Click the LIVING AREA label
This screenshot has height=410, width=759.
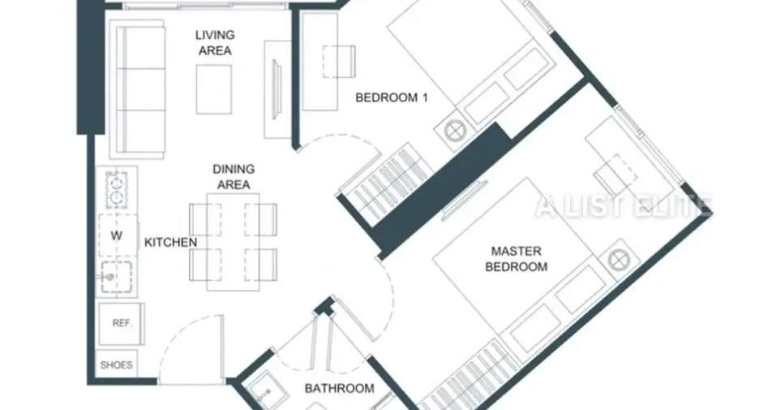(x=215, y=43)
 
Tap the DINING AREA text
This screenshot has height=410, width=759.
(x=234, y=177)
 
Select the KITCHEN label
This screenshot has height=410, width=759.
(x=171, y=242)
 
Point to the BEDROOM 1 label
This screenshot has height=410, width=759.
(x=392, y=97)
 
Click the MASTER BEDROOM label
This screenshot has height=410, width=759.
(x=516, y=259)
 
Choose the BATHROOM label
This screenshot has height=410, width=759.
(x=339, y=388)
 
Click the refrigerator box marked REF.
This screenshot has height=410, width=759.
(x=122, y=324)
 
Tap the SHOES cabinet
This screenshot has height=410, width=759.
(x=117, y=365)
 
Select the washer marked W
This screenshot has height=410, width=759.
(x=118, y=235)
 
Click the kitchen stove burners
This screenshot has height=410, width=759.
(x=117, y=189)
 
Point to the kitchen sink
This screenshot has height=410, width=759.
(x=116, y=277)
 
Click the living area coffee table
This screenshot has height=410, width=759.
(x=214, y=89)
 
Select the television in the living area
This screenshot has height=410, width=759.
(x=277, y=89)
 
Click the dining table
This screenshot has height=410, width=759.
(x=234, y=242)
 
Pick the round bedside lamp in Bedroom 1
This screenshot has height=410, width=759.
(x=455, y=131)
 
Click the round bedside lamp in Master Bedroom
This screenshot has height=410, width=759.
(x=619, y=261)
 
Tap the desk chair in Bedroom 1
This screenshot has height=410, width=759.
(x=339, y=62)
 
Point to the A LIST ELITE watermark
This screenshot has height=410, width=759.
(x=624, y=205)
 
